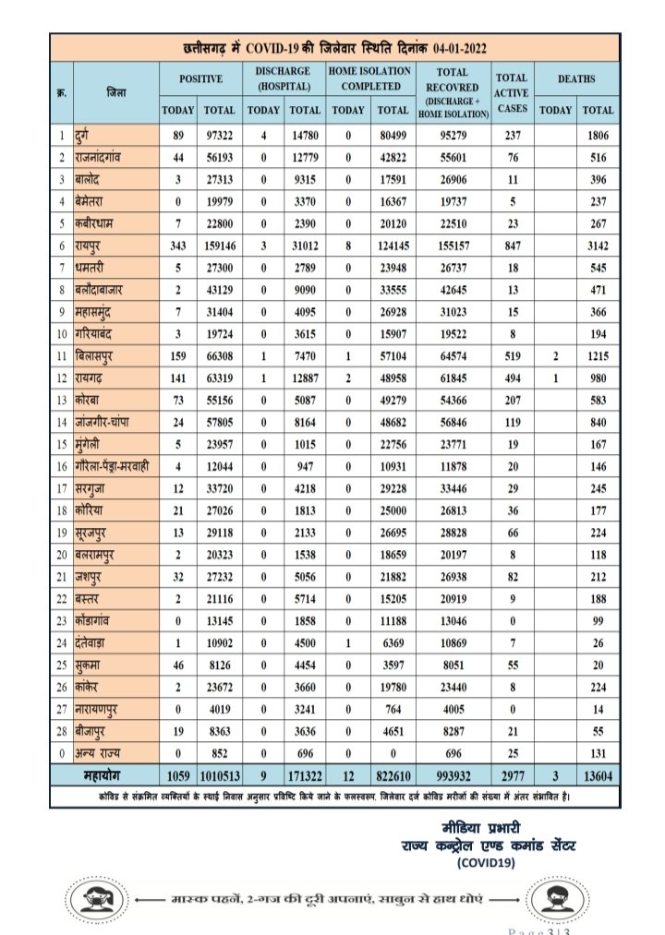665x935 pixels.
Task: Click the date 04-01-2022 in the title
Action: click(451, 47)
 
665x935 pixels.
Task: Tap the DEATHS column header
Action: click(576, 79)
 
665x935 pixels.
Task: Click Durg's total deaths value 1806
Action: click(598, 137)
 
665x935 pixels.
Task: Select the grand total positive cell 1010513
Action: click(220, 773)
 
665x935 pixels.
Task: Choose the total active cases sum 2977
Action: click(511, 773)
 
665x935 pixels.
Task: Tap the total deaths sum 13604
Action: click(598, 773)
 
